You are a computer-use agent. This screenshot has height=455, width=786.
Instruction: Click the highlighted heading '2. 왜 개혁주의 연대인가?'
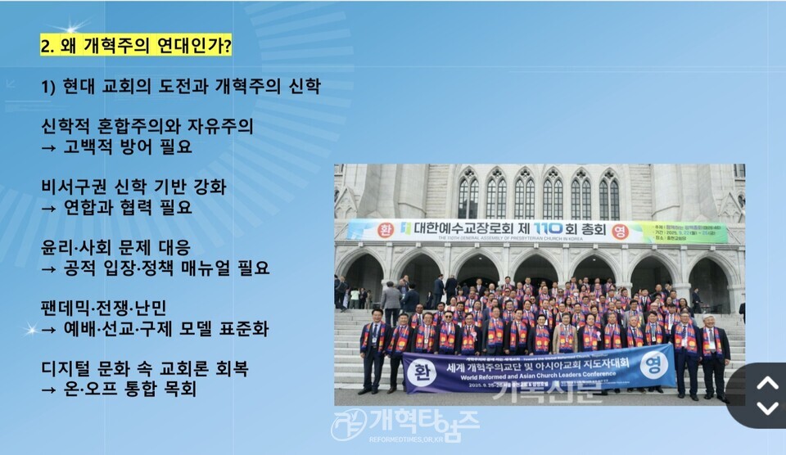136,47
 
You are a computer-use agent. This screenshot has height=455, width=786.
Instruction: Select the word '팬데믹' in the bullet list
65,308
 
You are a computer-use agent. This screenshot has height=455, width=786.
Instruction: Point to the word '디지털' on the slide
65,368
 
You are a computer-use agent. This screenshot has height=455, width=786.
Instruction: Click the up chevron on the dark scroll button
766,382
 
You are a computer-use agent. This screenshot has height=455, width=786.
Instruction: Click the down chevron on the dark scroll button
766,408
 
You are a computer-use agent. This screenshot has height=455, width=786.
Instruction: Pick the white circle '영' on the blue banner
653,364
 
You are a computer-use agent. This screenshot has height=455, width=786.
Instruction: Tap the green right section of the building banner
682,232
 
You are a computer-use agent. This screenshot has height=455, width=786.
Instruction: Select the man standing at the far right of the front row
714,352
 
